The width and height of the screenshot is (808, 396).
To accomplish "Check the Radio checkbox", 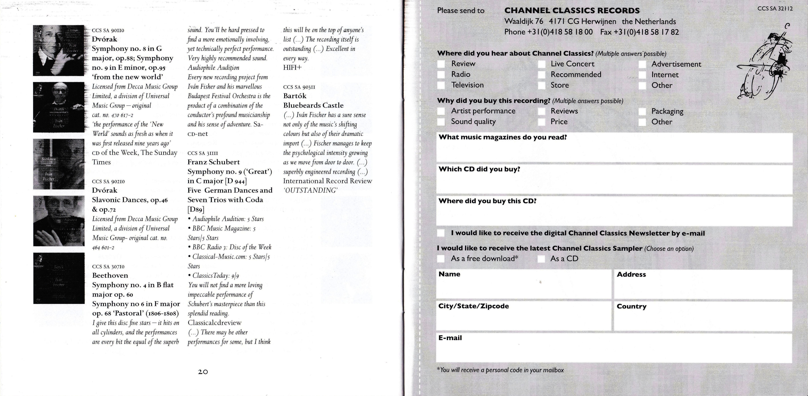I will [x=441, y=75].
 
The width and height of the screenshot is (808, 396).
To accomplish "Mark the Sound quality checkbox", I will [x=441, y=122].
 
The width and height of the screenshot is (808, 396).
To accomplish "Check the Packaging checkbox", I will [x=642, y=111].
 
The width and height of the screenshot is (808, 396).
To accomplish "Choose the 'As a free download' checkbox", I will [x=441, y=259].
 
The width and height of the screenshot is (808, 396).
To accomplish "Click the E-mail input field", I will [x=614, y=351].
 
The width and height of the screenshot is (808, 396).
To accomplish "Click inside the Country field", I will [x=703, y=318].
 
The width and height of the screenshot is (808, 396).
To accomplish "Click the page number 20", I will [x=203, y=372].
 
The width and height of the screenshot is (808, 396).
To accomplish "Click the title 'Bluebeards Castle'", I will [x=313, y=105].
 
